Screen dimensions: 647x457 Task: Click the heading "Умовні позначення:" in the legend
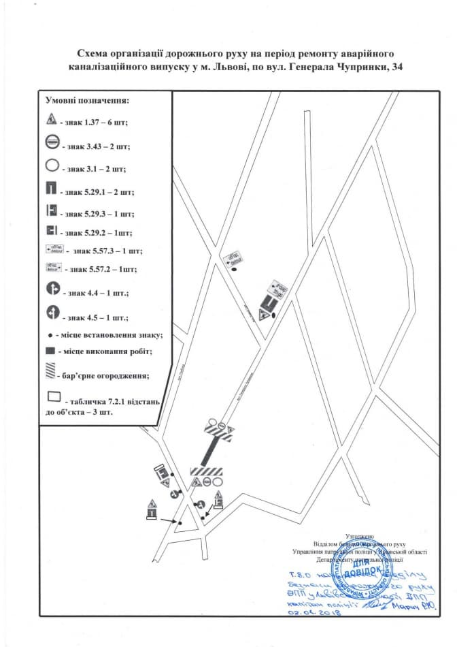coord(87,100)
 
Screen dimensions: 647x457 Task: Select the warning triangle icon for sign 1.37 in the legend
coord(51,121)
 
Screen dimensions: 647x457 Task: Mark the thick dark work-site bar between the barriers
coord(213,450)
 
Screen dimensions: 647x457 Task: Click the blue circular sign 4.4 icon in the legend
coord(52,289)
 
